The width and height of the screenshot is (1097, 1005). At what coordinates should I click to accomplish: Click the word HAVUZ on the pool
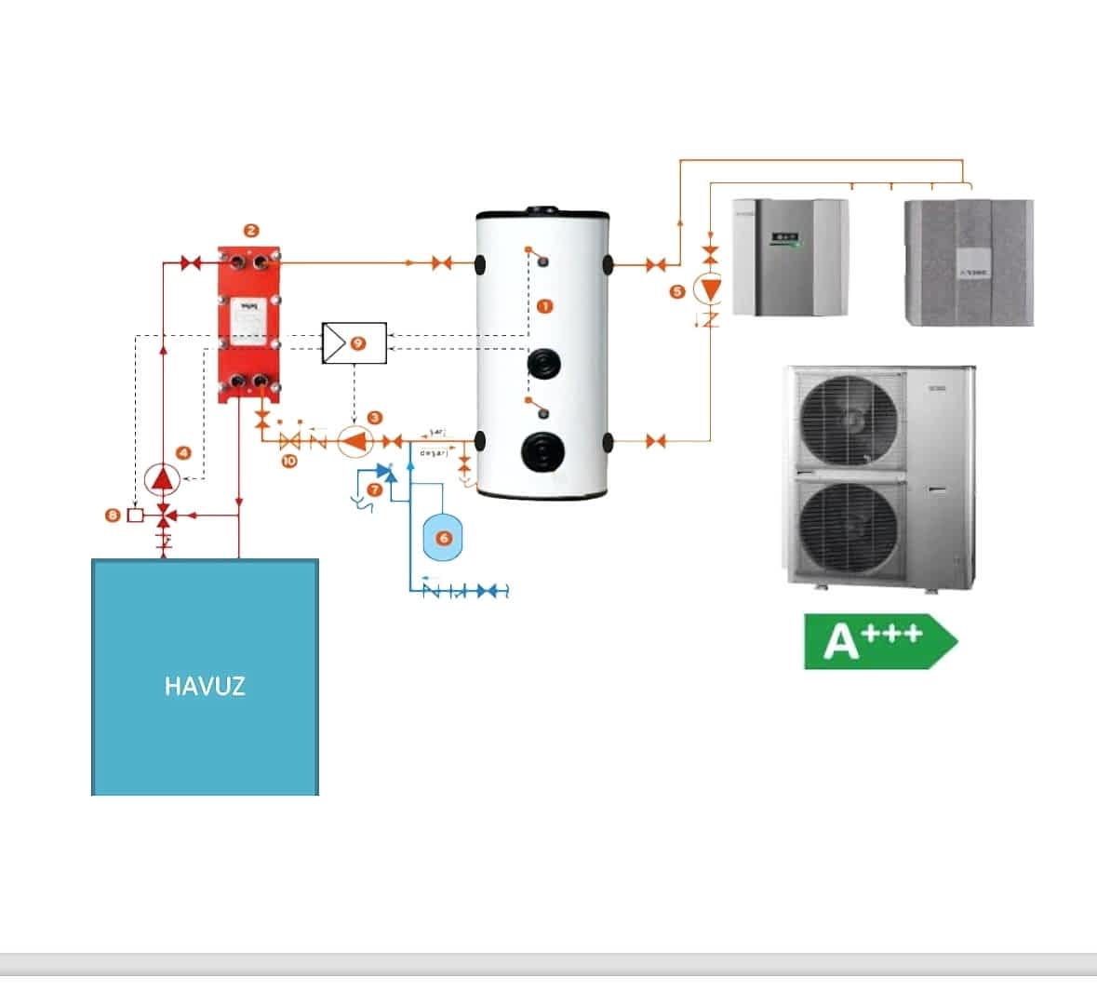coord(205,687)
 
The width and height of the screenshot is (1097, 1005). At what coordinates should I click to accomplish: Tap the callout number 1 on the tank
coord(545,306)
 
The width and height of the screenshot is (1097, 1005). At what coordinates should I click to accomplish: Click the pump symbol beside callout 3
coord(353,440)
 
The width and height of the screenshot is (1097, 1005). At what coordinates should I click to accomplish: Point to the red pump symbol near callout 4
coord(164,478)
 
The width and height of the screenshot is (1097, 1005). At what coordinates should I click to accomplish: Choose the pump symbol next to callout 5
coord(710,290)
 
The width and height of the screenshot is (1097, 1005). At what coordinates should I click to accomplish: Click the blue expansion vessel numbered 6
coord(443,538)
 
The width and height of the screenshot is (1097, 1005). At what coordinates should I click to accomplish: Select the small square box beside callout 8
coord(135,515)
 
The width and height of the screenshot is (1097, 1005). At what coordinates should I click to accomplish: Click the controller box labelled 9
coord(354,343)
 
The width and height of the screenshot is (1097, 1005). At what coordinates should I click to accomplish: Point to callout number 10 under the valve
coord(288,461)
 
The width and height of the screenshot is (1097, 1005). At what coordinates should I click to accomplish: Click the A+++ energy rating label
coord(878,640)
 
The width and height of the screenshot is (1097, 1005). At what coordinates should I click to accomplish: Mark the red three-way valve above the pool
coord(165,515)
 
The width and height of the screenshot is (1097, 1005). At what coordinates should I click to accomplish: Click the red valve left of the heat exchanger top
coord(192,264)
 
